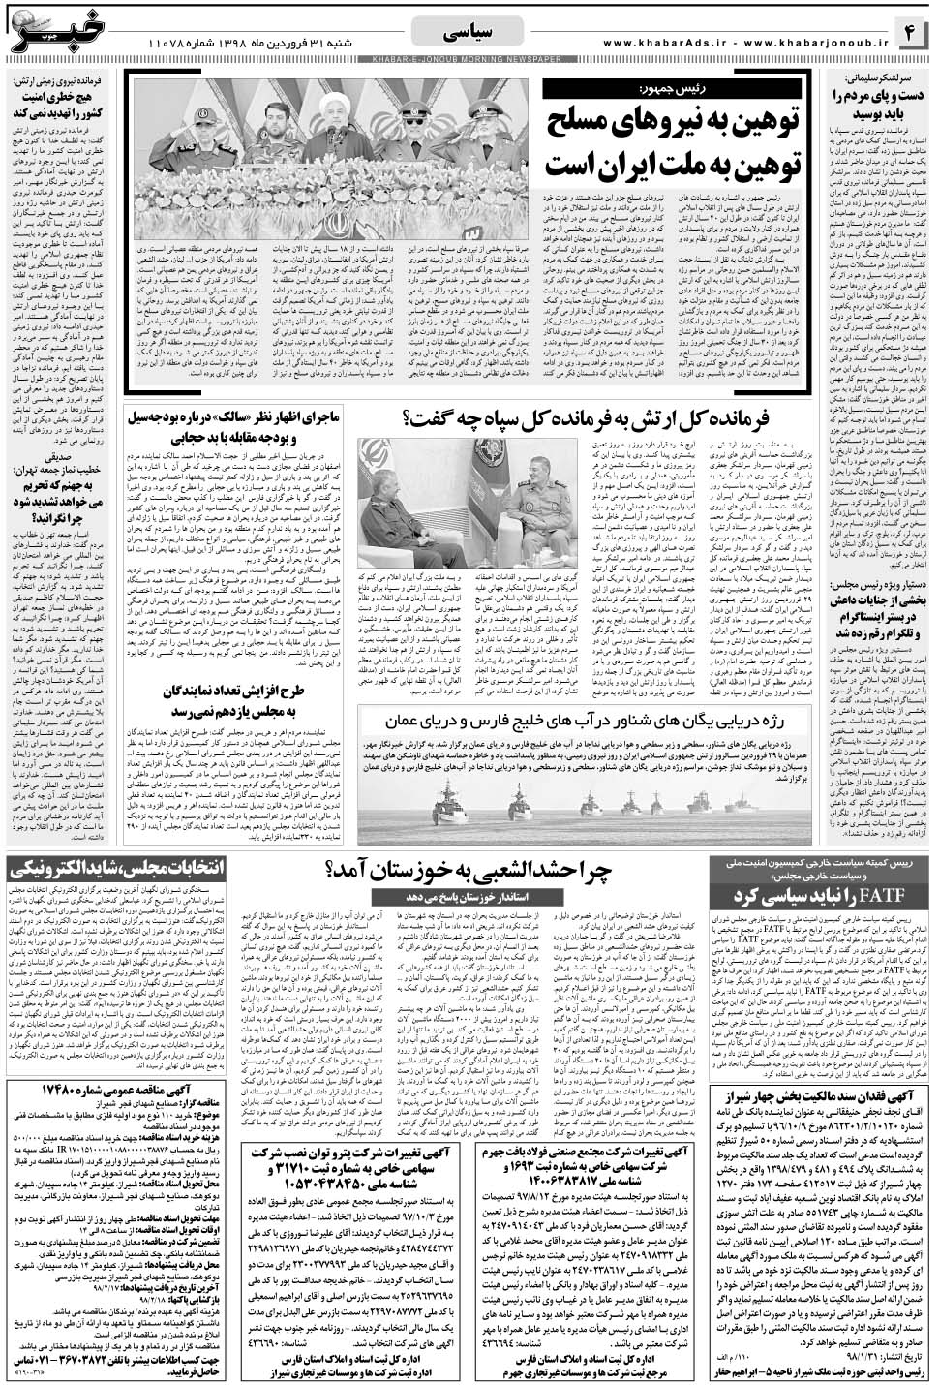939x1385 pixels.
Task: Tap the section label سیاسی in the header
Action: pos(469,33)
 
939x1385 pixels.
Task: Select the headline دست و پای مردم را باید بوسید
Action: pos(877,104)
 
